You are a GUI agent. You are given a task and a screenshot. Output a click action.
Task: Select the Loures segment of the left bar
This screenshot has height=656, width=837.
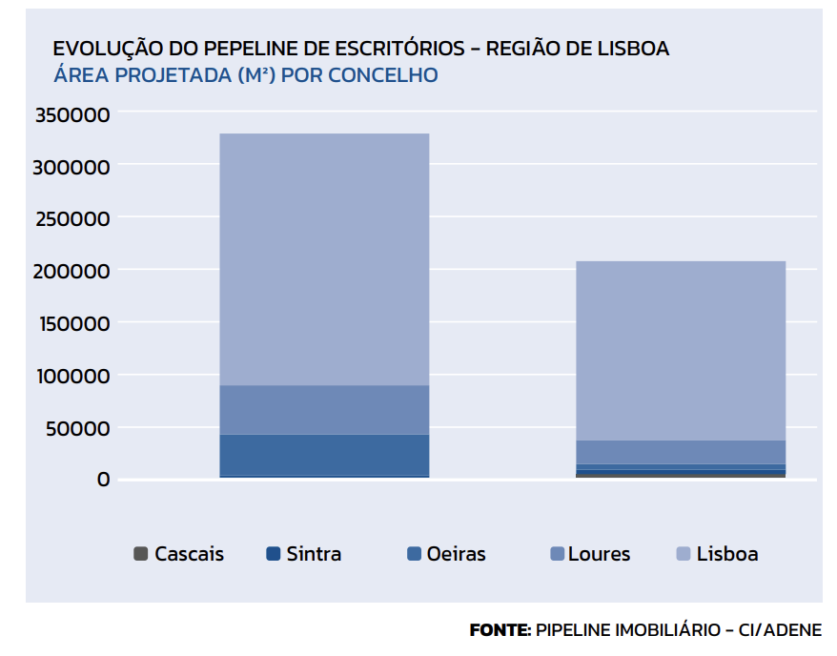(324, 410)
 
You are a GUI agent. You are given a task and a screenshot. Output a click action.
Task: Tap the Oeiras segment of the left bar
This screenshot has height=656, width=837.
(324, 455)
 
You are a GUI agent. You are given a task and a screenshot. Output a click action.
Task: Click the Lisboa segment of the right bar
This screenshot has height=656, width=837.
(681, 350)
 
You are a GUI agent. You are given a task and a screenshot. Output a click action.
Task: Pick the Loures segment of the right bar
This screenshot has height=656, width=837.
(681, 452)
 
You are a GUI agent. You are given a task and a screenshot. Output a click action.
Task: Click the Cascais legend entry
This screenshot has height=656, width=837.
(179, 554)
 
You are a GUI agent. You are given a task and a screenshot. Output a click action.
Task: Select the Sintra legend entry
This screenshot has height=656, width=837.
(304, 554)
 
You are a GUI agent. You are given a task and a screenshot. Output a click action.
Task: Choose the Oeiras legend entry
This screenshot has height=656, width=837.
(446, 554)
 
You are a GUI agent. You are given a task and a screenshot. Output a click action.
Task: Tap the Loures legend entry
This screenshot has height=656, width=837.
(590, 554)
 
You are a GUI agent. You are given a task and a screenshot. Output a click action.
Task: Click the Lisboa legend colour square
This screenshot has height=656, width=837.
(683, 554)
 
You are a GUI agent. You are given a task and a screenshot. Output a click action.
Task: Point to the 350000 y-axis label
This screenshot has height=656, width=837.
(73, 114)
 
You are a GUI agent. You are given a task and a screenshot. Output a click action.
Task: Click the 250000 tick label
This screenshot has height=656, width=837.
(73, 218)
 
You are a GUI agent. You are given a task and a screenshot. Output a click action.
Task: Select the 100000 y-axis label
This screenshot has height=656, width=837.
(73, 376)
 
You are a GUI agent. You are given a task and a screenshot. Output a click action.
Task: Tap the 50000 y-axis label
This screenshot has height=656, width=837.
(78, 428)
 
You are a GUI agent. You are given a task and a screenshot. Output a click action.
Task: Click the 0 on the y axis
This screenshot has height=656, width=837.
(103, 480)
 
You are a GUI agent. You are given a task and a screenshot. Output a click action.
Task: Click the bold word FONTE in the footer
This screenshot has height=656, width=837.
(500, 630)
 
